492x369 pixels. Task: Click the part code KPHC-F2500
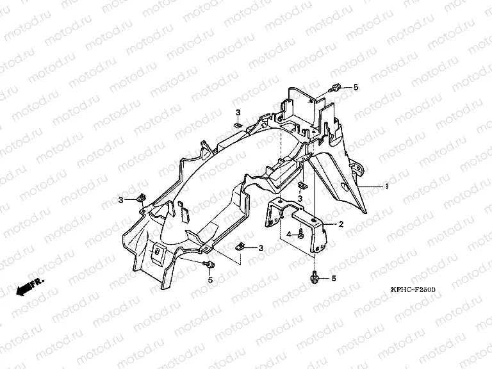413,290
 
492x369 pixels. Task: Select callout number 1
387,186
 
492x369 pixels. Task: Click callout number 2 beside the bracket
341,224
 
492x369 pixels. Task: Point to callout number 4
289,235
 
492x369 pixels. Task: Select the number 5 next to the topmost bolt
356,87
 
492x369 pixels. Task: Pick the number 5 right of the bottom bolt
334,279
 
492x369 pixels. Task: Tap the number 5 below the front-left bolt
209,279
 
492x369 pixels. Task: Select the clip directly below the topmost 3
236,125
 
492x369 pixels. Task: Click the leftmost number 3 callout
120,200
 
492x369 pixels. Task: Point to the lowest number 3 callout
261,248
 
